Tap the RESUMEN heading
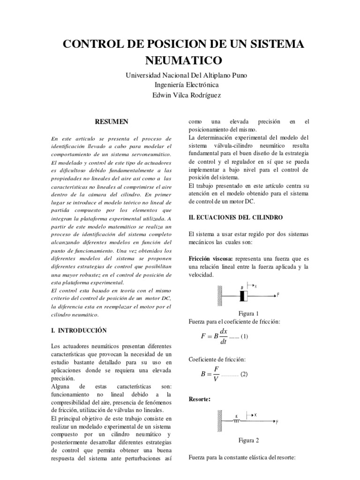point(112,122)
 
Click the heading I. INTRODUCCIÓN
point(79,330)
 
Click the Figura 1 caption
point(248,314)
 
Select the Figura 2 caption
point(248,440)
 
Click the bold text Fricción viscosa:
point(211,258)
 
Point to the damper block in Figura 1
point(243,296)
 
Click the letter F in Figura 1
point(278,295)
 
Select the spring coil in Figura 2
point(237,421)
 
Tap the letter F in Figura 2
point(277,422)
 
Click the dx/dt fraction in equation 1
point(223,336)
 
